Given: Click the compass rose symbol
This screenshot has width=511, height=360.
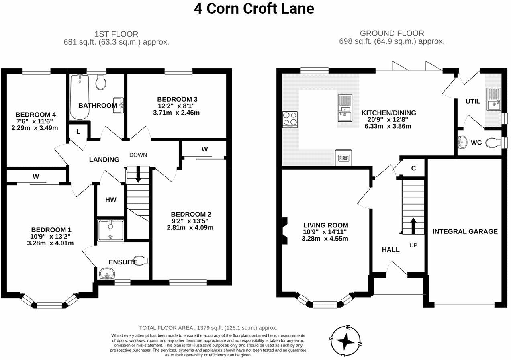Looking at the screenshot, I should pyautogui.click(x=345, y=341).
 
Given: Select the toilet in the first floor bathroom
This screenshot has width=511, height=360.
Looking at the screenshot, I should pyautogui.click(x=101, y=82).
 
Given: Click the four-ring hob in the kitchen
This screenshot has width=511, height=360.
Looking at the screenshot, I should pyautogui.click(x=290, y=119).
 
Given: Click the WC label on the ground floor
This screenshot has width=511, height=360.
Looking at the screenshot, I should pyautogui.click(x=476, y=143).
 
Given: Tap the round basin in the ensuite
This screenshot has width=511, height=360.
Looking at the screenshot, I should pyautogui.click(x=107, y=274).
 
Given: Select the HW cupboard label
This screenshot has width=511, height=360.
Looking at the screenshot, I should pyautogui.click(x=110, y=200).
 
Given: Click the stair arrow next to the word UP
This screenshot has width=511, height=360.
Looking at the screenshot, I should pyautogui.click(x=413, y=226).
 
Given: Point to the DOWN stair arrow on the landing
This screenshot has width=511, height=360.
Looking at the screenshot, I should pyautogui.click(x=138, y=175).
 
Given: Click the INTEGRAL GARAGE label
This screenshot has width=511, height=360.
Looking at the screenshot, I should pyautogui.click(x=465, y=231).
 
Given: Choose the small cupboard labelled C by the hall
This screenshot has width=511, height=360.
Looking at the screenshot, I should pyautogui.click(x=413, y=168).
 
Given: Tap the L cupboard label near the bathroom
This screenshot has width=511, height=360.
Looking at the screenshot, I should pyautogui.click(x=78, y=131).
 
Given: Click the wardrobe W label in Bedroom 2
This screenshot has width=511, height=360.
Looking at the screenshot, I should pyautogui.click(x=204, y=149).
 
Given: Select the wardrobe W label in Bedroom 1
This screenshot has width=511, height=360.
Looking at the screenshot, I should pyautogui.click(x=36, y=176).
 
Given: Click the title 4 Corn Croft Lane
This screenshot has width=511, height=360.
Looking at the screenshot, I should pyautogui.click(x=254, y=8).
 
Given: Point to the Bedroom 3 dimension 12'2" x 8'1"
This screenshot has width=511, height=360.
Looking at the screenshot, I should pyautogui.click(x=178, y=106).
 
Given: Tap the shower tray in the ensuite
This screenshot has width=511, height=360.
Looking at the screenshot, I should pyautogui.click(x=111, y=231).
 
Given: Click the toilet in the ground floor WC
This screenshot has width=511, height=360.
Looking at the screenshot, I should pyautogui.click(x=493, y=142).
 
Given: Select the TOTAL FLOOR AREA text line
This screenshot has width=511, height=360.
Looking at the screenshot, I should pyautogui.click(x=208, y=328).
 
